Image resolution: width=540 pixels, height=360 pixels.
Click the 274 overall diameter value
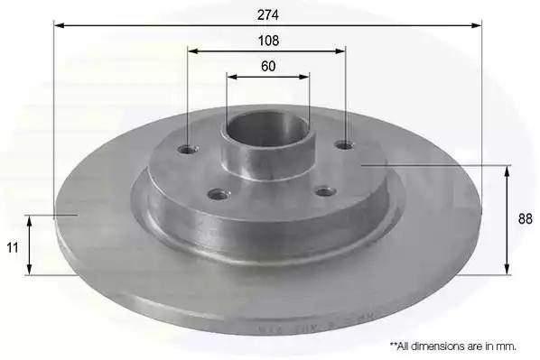[x=268, y=14]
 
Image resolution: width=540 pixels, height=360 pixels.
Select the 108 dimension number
[x=268, y=41]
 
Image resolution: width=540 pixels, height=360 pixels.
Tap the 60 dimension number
[x=268, y=66]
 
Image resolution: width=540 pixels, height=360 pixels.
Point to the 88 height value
[x=526, y=219]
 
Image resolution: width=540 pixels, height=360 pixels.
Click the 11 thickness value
[x=13, y=247]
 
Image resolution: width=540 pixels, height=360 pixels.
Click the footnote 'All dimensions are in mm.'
[x=453, y=346]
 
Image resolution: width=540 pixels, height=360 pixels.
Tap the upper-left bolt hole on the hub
[x=188, y=150]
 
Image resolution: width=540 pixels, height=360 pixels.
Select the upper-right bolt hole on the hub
[x=345, y=145]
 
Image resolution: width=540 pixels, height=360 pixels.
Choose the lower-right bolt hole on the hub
[x=325, y=191]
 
